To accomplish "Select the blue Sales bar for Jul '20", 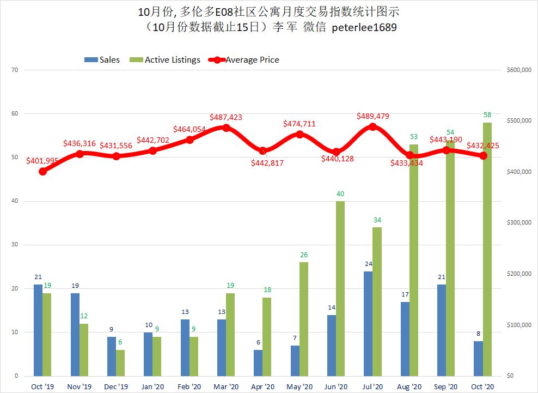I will coord(368,323).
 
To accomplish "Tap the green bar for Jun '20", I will coord(340,288).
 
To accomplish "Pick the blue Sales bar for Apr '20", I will coord(258,362).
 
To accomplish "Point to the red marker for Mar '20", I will coord(226,128).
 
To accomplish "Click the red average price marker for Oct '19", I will coord(42,171).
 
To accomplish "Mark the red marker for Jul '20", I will coord(372,126).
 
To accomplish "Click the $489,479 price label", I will coord(373,116).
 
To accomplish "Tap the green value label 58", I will coord(487,115).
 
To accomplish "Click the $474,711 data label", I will coord(299,124).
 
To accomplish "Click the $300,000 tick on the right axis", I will coord(517,223).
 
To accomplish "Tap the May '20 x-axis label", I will coord(299,386).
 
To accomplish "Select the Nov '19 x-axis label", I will coord(80,386).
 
